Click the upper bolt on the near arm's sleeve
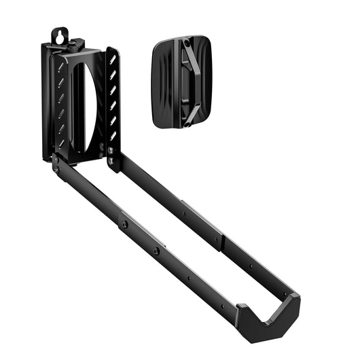pos(124,221)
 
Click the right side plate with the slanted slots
pos(112,102)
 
